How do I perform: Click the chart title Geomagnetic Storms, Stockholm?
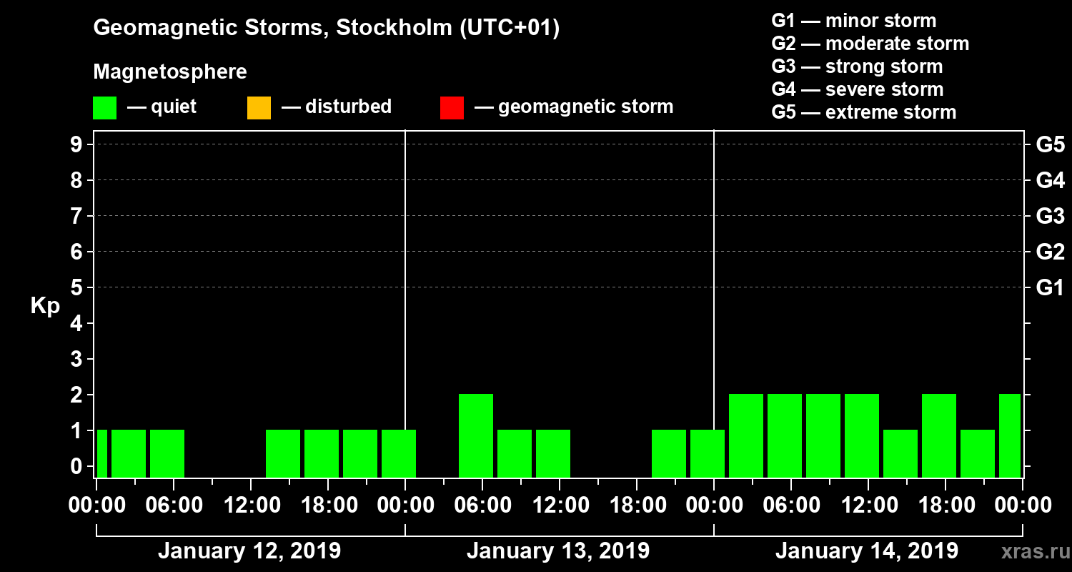tap(326, 28)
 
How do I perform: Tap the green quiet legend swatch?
tap(104, 108)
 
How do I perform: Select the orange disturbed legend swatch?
tap(259, 108)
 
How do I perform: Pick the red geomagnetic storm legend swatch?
tap(452, 108)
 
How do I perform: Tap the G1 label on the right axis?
tap(1050, 288)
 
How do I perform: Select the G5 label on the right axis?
tap(1050, 145)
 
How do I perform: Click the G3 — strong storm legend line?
tap(857, 66)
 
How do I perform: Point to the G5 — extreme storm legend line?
tap(863, 112)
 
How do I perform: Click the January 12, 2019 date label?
tap(249, 551)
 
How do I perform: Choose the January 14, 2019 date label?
tap(866, 551)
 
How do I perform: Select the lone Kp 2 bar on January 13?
tap(476, 435)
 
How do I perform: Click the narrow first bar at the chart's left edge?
tap(101, 453)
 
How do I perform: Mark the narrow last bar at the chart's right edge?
tap(1010, 435)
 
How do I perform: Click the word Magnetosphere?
tap(170, 72)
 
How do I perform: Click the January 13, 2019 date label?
tap(558, 551)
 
